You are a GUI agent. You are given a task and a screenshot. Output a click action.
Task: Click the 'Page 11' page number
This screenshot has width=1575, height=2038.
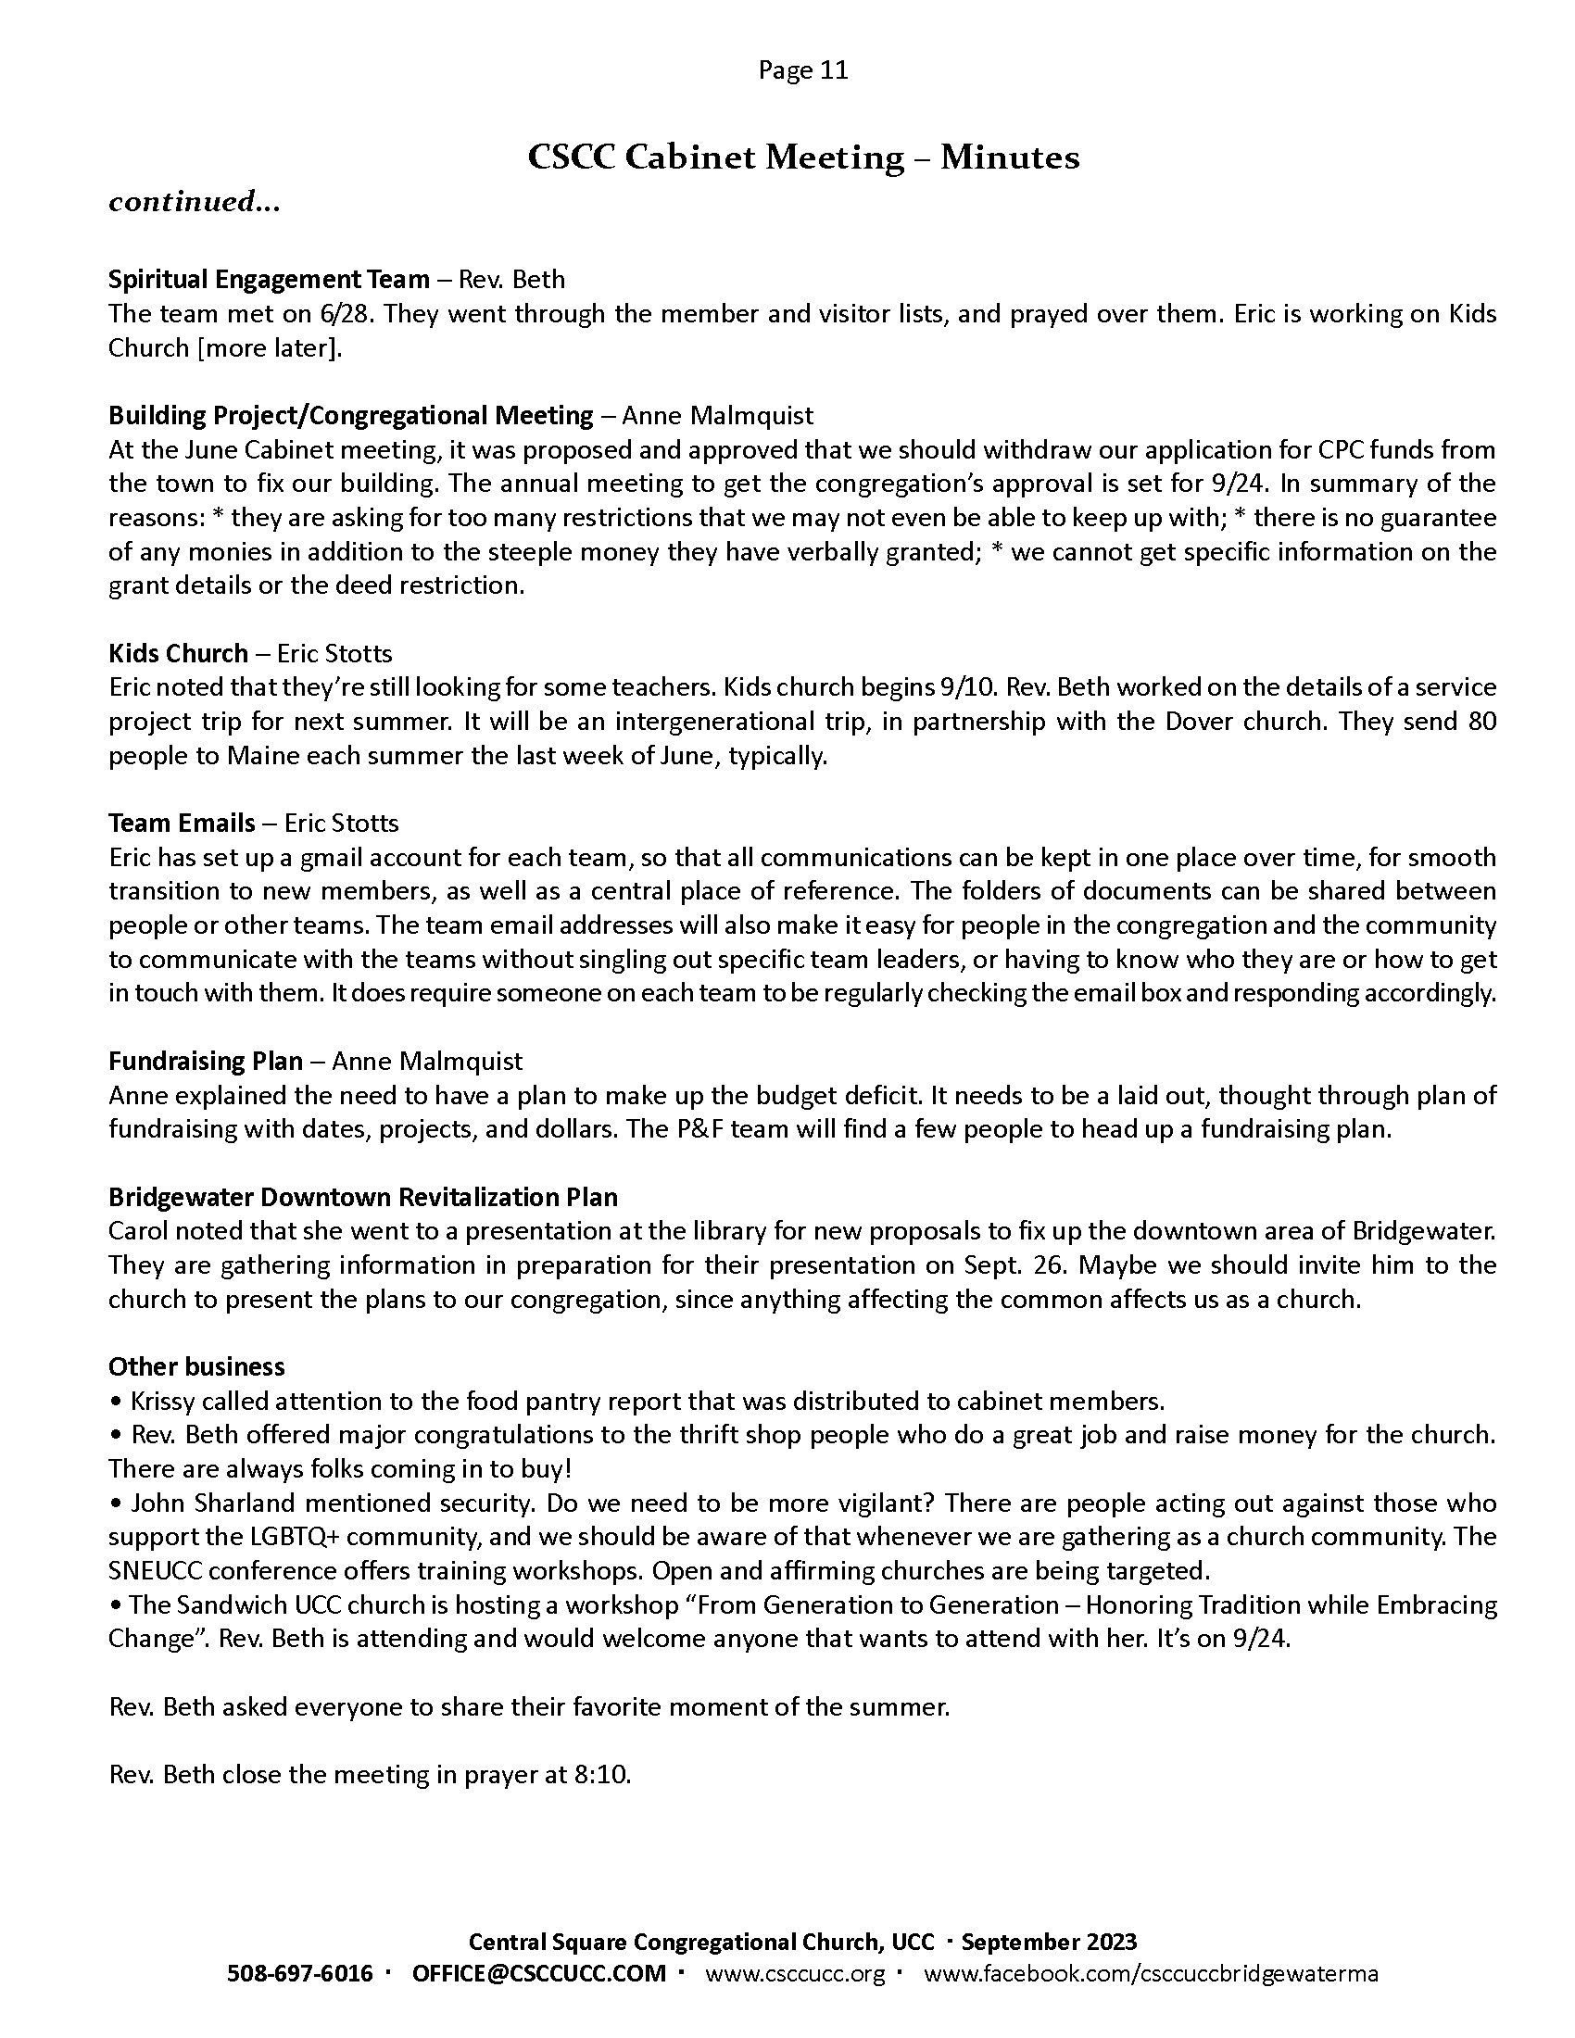click(x=802, y=71)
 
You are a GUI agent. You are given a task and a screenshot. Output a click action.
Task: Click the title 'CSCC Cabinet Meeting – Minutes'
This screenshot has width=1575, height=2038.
click(x=802, y=157)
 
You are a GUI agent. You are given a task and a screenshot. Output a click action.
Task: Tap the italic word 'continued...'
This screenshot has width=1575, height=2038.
click(x=194, y=202)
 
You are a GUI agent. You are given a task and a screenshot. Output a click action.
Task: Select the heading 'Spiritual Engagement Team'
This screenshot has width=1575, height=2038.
click(x=269, y=279)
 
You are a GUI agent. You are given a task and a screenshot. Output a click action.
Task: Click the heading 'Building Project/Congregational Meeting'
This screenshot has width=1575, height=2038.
click(x=351, y=415)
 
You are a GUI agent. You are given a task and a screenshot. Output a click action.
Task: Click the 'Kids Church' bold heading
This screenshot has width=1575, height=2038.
click(x=178, y=653)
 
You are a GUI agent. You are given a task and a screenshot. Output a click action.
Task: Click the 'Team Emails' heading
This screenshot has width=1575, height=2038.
click(x=181, y=823)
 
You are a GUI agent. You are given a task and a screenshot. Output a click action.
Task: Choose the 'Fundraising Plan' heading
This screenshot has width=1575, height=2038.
click(x=206, y=1061)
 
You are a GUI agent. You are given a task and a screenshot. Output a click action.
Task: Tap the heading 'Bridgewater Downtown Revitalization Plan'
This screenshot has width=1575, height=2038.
click(x=363, y=1197)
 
